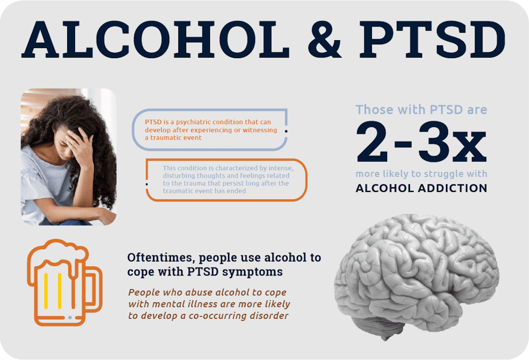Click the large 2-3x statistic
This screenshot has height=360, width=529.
421,142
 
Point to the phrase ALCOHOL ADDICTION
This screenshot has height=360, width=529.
421,188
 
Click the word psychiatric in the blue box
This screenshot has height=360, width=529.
191,122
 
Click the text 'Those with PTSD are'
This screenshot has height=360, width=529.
421,110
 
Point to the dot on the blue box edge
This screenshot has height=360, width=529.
286,130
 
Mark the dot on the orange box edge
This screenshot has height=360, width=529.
147,183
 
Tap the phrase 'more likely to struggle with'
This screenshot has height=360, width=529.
421,174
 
